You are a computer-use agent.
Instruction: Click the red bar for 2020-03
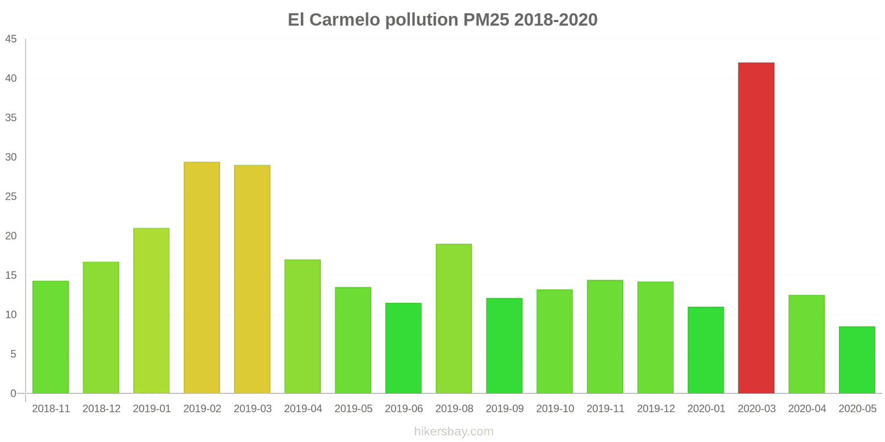point(756,228)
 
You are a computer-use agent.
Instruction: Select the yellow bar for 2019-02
point(202,277)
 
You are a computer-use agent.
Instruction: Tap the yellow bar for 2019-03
point(252,279)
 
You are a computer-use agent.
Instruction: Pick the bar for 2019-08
point(454,318)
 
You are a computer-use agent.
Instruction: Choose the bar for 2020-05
point(857,360)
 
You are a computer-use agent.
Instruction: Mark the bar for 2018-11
point(51,337)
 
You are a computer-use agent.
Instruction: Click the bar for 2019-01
point(152,311)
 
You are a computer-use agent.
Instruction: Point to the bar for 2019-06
point(403,348)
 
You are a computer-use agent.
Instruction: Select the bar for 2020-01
point(706,350)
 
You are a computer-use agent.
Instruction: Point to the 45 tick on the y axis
point(11,39)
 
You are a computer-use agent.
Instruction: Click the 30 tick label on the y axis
point(11,157)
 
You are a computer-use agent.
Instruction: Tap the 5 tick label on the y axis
point(13,354)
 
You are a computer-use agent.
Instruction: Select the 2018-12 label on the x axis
point(101,409)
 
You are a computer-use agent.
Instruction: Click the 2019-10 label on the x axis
point(555,409)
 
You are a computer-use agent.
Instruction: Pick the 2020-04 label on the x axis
point(806,409)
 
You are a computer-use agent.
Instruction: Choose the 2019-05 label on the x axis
point(353,409)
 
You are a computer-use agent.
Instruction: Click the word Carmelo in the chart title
point(345,20)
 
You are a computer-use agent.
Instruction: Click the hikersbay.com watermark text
point(454,432)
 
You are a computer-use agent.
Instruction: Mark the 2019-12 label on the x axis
point(655,409)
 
